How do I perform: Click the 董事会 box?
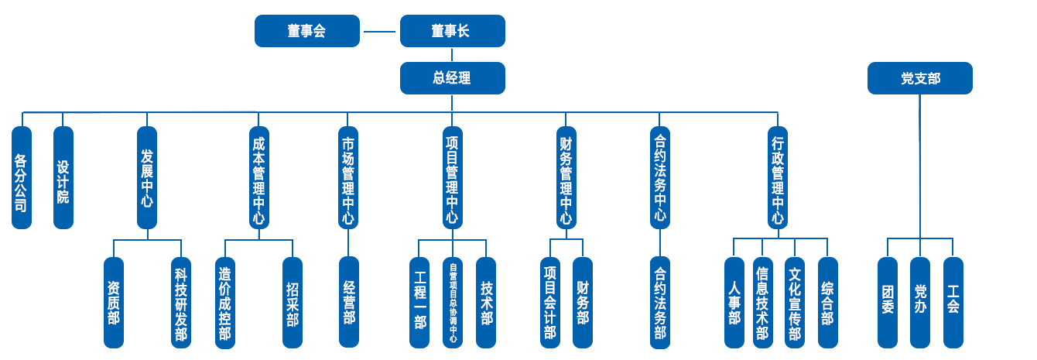click(307, 31)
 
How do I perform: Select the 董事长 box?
click(452, 31)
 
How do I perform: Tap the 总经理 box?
click(452, 78)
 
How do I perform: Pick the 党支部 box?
click(920, 78)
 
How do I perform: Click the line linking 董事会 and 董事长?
click(380, 32)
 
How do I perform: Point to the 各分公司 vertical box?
click(22, 177)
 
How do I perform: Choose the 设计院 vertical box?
click(63, 177)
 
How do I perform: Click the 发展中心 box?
click(147, 177)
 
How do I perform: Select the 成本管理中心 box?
click(259, 177)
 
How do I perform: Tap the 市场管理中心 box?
click(348, 177)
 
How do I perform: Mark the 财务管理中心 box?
click(566, 177)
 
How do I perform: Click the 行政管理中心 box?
click(778, 177)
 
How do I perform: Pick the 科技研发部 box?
click(181, 303)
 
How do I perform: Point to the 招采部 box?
click(293, 303)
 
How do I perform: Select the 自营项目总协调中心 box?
click(453, 303)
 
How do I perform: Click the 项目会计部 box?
click(550, 303)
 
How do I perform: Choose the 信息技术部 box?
click(762, 303)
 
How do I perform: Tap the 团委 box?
click(888, 303)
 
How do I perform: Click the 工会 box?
click(953, 303)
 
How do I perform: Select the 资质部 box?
click(114, 303)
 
